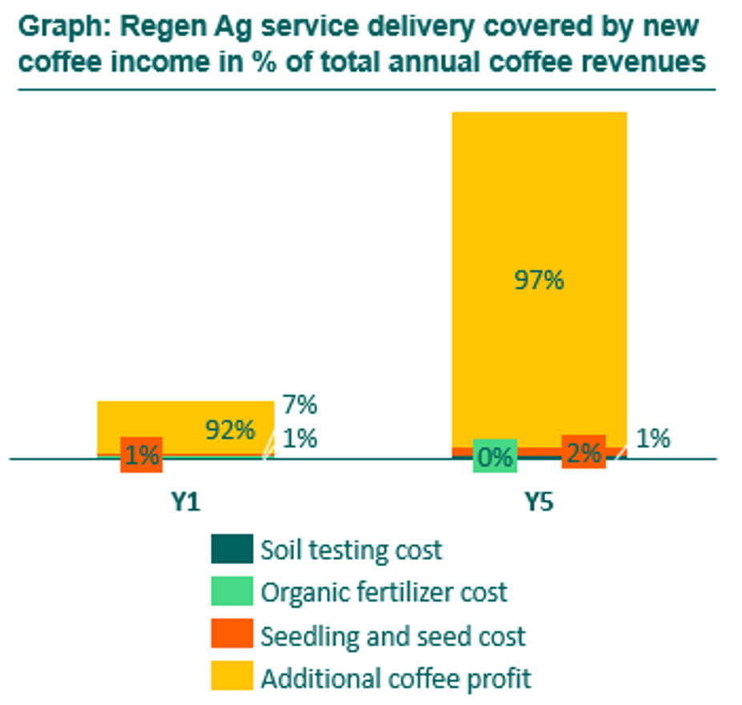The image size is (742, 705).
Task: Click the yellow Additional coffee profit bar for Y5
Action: (x=539, y=200)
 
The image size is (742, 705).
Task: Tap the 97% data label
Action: (x=538, y=280)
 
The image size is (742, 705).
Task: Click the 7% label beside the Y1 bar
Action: (x=300, y=405)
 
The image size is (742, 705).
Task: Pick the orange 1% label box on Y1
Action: (x=142, y=455)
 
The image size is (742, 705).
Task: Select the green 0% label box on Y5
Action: (x=495, y=456)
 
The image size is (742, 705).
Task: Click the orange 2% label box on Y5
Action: (x=583, y=453)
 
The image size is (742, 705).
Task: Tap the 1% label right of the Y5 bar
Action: (x=654, y=438)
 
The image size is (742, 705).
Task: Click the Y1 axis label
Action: (x=185, y=503)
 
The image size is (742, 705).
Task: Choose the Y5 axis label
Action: (x=539, y=503)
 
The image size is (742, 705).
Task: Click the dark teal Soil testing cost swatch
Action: (x=232, y=550)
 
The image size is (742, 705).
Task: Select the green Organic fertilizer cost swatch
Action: (x=232, y=592)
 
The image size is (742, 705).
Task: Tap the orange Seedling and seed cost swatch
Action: (x=232, y=634)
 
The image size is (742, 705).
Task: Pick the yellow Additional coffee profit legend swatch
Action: (x=232, y=677)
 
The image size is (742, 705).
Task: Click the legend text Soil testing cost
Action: (x=351, y=550)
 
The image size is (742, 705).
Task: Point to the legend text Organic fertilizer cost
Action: (x=384, y=593)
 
